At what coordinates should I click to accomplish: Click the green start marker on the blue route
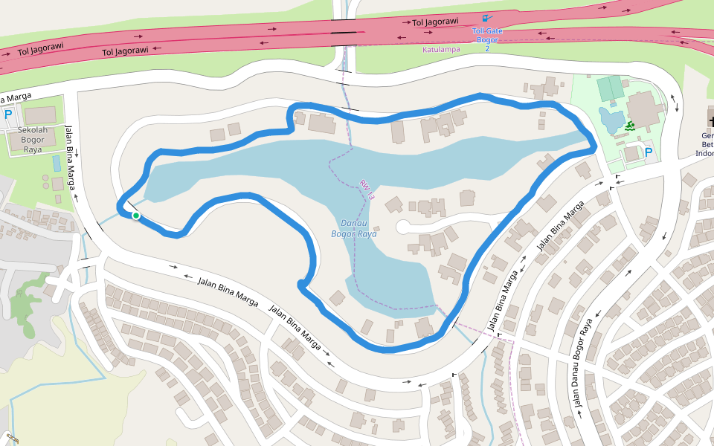coord(136,216)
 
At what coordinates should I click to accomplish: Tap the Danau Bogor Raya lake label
coord(354,228)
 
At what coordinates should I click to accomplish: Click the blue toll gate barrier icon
coord(486,18)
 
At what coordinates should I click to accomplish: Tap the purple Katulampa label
coord(441,50)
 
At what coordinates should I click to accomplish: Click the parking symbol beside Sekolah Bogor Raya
coord(8,115)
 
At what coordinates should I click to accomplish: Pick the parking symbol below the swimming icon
coord(649,152)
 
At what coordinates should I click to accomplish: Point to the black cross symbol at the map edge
coord(710,120)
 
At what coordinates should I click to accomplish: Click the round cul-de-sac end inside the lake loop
coord(402,226)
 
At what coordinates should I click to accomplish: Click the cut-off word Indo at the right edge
coord(704,154)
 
